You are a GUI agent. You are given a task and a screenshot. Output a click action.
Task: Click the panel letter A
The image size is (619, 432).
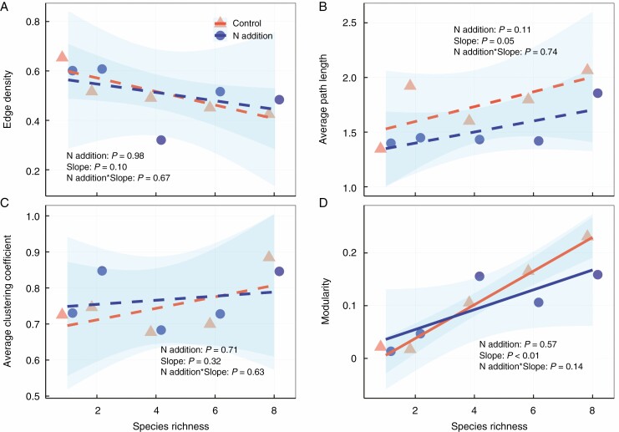7,7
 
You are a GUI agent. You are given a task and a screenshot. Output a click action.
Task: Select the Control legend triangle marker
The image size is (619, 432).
220,23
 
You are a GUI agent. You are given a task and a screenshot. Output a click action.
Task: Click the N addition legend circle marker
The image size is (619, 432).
220,37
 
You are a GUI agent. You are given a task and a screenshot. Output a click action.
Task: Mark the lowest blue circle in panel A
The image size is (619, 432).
161,140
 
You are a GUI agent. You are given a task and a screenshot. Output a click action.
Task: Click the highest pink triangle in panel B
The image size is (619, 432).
587,69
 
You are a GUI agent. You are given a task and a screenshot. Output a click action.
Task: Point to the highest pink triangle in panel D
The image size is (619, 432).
587,236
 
